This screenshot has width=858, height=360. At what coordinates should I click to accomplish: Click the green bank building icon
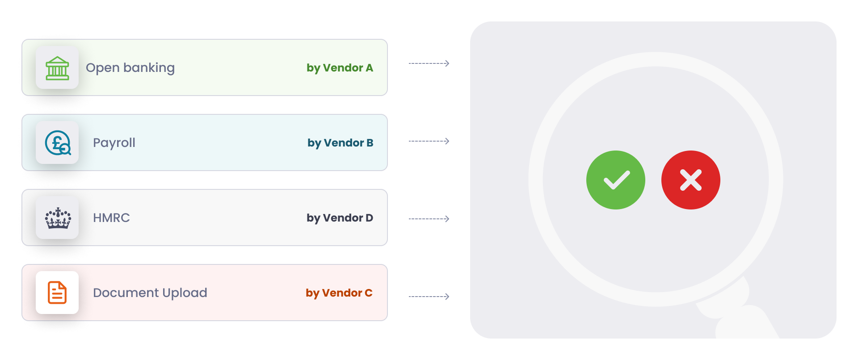click(x=57, y=68)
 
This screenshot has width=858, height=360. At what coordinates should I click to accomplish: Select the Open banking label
click(x=130, y=68)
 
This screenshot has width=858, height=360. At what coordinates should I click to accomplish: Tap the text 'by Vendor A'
click(x=340, y=68)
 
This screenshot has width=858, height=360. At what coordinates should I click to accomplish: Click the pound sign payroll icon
click(x=58, y=143)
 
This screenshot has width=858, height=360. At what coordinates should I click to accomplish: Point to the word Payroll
click(x=114, y=143)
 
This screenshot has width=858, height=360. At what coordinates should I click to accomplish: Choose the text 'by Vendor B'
click(x=341, y=143)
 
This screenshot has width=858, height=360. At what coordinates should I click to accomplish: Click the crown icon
click(x=58, y=218)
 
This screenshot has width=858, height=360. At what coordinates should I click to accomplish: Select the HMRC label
click(x=111, y=218)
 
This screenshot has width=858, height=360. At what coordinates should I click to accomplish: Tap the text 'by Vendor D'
click(x=340, y=218)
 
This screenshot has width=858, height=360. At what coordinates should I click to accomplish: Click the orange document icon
click(x=57, y=293)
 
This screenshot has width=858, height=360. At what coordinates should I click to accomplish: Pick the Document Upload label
click(x=150, y=293)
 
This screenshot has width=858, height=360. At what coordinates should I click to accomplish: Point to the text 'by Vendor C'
click(x=339, y=293)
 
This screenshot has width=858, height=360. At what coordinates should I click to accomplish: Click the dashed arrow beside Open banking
click(x=429, y=63)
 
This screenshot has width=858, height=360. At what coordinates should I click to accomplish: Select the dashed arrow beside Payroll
click(x=429, y=141)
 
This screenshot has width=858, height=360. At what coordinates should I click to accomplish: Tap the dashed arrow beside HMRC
click(x=429, y=219)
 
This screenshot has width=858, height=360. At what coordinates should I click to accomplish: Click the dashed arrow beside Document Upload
click(x=429, y=297)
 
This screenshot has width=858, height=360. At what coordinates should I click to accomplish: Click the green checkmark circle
click(x=616, y=180)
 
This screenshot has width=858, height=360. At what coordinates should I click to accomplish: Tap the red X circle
click(x=691, y=180)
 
